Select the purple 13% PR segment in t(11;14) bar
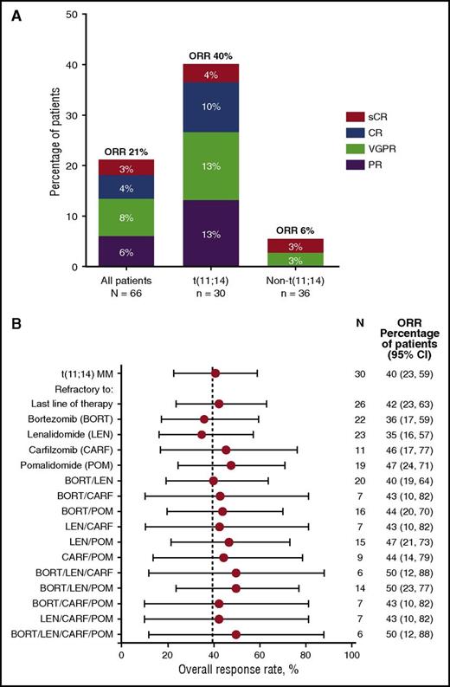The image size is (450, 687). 209,233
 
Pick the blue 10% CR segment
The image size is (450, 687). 209,107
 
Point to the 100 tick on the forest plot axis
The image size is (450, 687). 351,657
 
